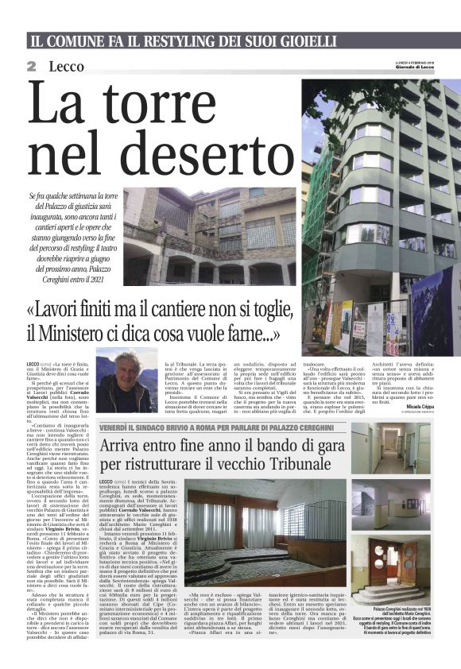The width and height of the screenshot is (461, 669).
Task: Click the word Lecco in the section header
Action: pos(66,66)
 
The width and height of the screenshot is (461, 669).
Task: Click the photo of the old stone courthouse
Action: pos(208,236)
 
